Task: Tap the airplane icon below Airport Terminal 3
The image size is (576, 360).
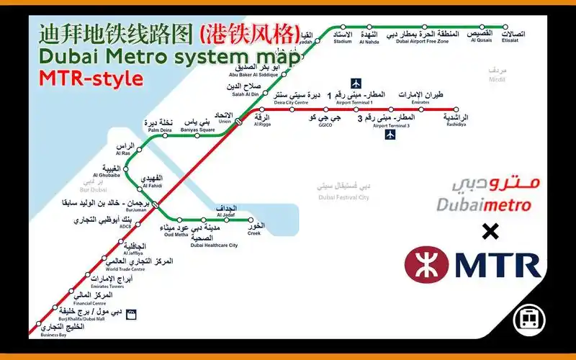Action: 391,135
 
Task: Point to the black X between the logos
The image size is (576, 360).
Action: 490,231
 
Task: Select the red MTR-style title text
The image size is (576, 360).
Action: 91,78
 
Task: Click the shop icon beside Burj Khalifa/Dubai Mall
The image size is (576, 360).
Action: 132,314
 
